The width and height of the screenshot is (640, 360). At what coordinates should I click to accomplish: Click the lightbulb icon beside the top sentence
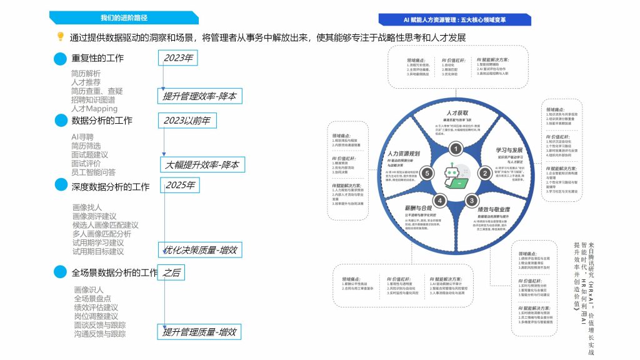tap(61, 37)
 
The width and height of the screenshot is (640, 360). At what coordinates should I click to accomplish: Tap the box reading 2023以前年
tap(187, 121)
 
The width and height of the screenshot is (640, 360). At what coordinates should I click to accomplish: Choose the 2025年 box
tap(180, 186)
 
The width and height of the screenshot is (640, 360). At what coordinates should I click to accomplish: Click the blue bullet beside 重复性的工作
tap(60, 59)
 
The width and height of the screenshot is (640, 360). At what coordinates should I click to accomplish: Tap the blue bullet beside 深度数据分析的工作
tap(60, 186)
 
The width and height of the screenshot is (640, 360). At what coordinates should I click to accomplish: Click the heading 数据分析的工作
tap(102, 121)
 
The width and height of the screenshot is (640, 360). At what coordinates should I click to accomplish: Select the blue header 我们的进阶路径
tap(122, 17)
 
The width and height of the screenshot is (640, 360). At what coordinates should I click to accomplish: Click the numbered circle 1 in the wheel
tap(457, 149)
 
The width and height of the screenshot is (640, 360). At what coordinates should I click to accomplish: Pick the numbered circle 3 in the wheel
tap(472, 200)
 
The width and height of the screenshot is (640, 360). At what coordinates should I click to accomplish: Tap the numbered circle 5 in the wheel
tap(427, 172)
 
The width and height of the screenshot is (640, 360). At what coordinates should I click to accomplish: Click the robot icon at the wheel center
tap(456, 176)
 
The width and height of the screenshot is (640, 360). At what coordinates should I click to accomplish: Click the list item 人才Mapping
tap(94, 108)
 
